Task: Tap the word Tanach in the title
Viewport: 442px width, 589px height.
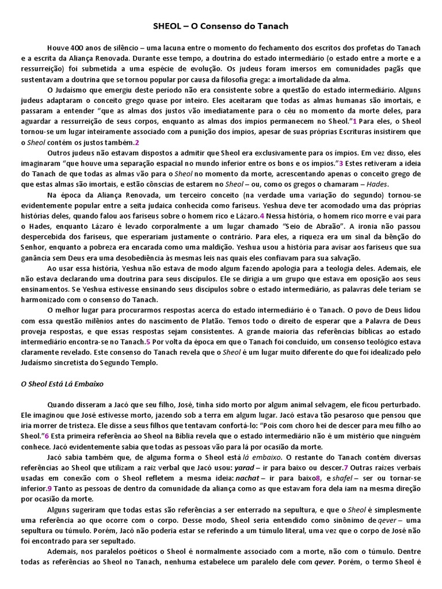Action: click(273, 26)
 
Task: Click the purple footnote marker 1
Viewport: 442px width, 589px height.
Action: click(355, 121)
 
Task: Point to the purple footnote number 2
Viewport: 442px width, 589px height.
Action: click(137, 142)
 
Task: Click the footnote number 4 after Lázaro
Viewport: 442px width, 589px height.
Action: click(262, 216)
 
